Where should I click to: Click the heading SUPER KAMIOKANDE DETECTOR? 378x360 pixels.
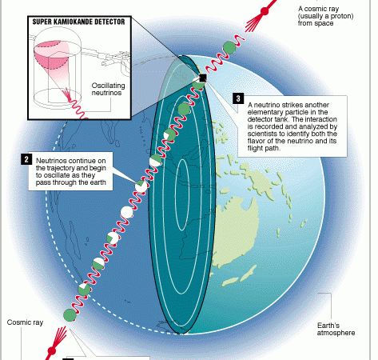tap(78, 22)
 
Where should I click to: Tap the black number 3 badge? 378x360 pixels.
tap(238, 98)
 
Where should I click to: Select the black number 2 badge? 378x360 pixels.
tap(26, 159)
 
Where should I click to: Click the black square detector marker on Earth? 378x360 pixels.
tap(203, 78)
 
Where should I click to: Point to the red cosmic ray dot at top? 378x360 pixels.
tap(265, 11)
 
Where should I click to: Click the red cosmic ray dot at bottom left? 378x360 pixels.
tap(51, 350)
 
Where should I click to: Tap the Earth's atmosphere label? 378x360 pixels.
tap(336, 329)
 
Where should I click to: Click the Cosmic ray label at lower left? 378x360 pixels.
tap(25, 322)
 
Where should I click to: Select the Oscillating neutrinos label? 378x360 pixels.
tap(108, 89)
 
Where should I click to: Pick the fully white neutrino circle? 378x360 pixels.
tap(127, 212)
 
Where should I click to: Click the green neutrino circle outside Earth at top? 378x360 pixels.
tap(229, 48)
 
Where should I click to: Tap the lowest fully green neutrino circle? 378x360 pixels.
tap(70, 315)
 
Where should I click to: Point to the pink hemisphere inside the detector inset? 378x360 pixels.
tap(52, 54)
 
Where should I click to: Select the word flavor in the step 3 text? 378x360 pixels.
tap(257, 141)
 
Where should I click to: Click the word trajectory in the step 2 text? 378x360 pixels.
tap(61, 168)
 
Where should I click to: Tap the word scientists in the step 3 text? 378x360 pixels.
tap(261, 134)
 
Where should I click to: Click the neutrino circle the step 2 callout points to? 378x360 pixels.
tap(141, 186)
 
